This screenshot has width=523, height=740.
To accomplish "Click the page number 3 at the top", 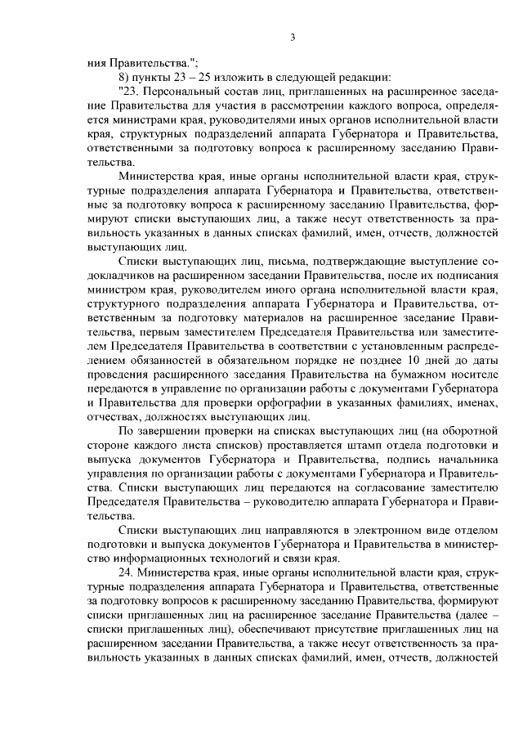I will click(291, 37).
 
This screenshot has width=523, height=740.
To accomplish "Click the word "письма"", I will click(254, 258).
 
